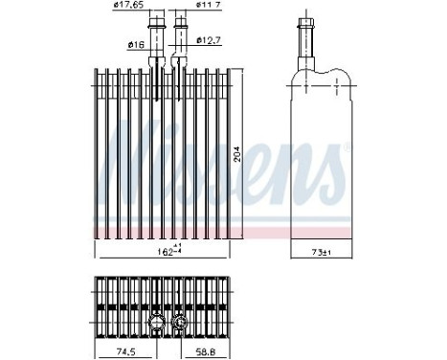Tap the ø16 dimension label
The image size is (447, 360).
click(x=135, y=44)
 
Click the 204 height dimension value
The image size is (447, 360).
click(x=247, y=155)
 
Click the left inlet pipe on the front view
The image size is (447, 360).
click(x=157, y=38)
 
